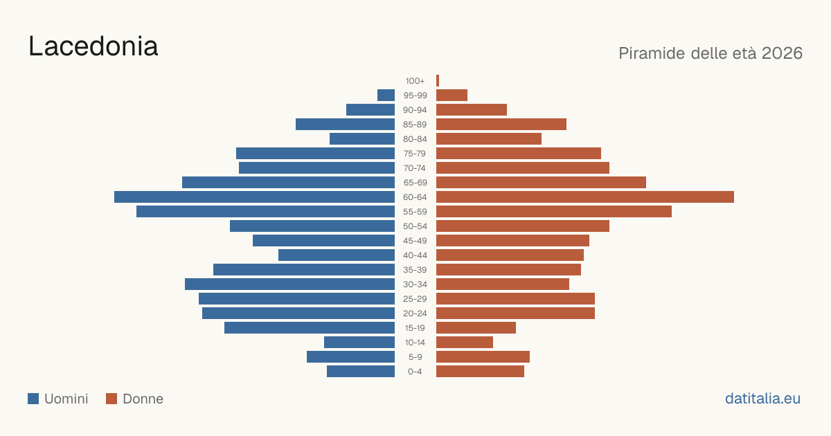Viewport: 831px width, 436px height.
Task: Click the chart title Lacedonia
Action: (93, 46)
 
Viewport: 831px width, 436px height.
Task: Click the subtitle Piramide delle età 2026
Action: (711, 53)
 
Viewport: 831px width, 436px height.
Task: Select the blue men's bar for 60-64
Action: (255, 197)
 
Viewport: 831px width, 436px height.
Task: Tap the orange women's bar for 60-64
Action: (585, 197)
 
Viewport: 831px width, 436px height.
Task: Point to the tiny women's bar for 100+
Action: (438, 81)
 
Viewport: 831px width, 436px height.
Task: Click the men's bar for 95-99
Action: (386, 96)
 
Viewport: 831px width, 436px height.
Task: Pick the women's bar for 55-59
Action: (554, 212)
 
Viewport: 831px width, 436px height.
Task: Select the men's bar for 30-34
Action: (289, 284)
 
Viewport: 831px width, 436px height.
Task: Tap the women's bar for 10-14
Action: (465, 342)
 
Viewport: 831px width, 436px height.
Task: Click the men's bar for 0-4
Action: (361, 372)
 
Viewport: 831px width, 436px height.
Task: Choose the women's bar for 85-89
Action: (501, 124)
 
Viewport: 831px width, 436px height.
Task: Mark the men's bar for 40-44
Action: (337, 255)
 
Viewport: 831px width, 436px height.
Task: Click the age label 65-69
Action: (415, 183)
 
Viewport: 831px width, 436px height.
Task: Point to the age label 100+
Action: (415, 81)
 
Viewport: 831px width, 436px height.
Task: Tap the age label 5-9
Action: (415, 357)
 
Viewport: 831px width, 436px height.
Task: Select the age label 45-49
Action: (415, 241)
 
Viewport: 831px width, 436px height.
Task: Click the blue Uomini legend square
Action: (33, 399)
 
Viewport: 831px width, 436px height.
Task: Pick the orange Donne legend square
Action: (111, 399)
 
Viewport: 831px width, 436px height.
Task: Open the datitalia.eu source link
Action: (762, 399)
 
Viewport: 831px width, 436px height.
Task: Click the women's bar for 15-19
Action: (476, 328)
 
